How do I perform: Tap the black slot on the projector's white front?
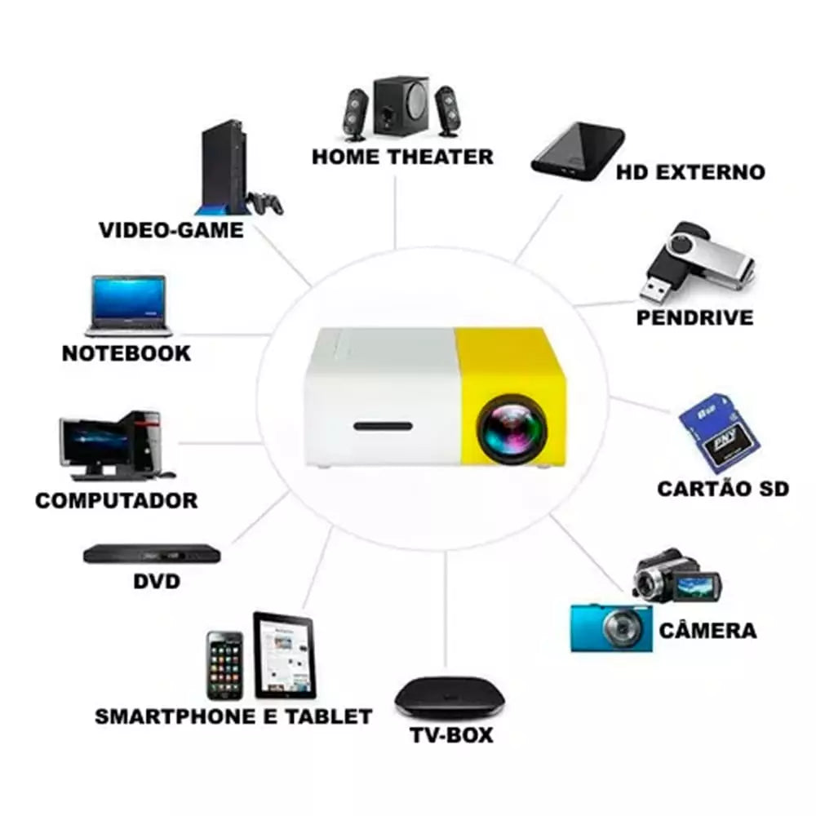(383, 426)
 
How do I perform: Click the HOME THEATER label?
(402, 156)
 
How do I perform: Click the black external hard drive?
(578, 151)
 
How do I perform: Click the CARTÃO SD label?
(723, 489)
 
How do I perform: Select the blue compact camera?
(611, 628)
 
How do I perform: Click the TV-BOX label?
(451, 734)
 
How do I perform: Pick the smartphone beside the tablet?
(224, 665)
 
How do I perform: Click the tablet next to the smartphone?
(284, 655)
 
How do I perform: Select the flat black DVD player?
(152, 554)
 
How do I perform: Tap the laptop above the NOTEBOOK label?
(129, 306)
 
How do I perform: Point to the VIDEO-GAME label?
(171, 229)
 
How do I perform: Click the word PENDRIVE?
(694, 317)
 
